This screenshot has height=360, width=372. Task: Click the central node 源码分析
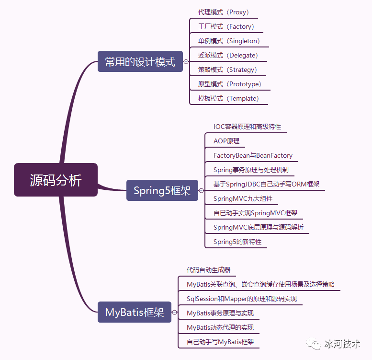[x=56, y=180]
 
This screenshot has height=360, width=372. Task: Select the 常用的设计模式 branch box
[x=140, y=61]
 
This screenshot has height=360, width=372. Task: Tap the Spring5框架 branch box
[x=162, y=190]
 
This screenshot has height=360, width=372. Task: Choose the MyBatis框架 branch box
[x=134, y=312]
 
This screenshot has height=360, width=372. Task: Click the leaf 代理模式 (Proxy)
[x=224, y=12]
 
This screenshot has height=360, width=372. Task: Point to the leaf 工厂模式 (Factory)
[x=226, y=26]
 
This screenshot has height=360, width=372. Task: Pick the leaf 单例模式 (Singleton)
[x=229, y=41]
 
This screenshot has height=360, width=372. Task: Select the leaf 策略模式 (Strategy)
[x=227, y=70]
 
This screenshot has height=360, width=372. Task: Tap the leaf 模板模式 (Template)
[x=228, y=98]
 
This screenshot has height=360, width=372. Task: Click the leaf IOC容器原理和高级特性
[x=247, y=127]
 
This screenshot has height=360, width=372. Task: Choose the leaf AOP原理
[x=226, y=141]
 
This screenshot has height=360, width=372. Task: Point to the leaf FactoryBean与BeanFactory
[x=253, y=155]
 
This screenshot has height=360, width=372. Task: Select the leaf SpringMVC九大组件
[x=243, y=198]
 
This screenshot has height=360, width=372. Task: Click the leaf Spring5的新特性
[x=237, y=242]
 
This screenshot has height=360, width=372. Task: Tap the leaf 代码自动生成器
[x=208, y=270]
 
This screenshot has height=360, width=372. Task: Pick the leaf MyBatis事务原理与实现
[x=220, y=313]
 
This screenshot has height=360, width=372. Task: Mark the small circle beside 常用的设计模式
[x=186, y=61]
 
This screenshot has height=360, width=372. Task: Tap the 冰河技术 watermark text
[x=342, y=344]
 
